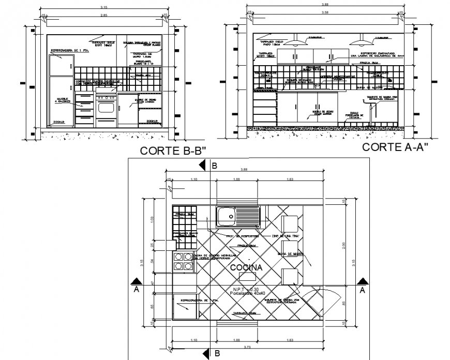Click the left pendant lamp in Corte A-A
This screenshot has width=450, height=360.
pos(296,42)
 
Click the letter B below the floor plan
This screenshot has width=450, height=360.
pos(217,354)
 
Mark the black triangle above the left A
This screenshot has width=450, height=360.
pos(136,281)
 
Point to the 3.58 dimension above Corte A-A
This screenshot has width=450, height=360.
pos(325,11)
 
